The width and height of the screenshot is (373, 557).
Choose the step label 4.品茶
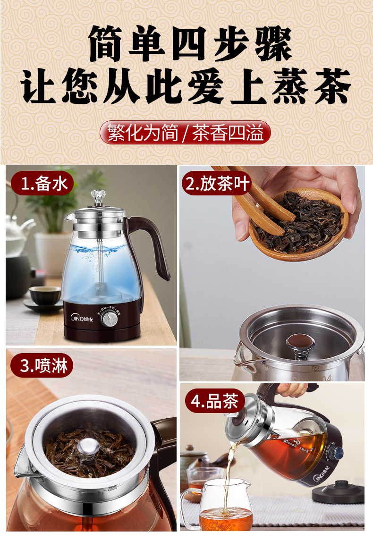[x=214, y=402]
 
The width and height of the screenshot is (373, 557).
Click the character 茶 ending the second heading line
[x=332, y=87]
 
